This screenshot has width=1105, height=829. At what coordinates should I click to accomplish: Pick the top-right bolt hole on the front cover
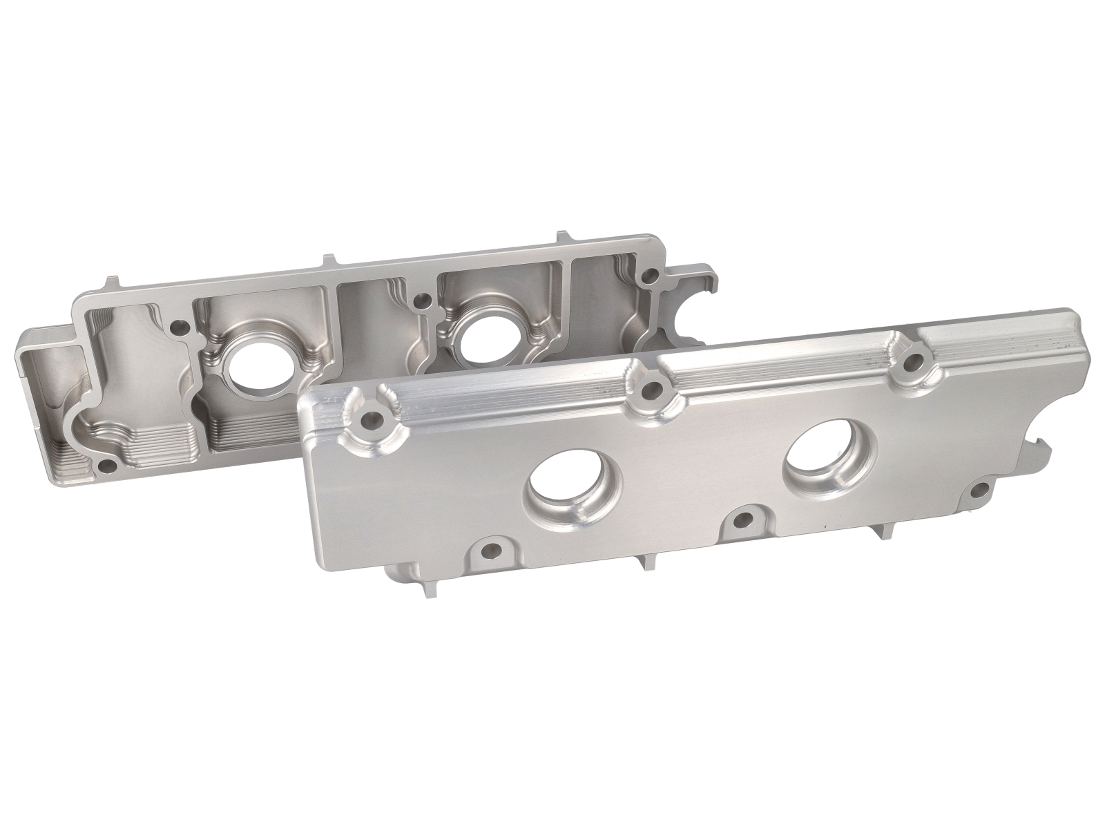(914, 361)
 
